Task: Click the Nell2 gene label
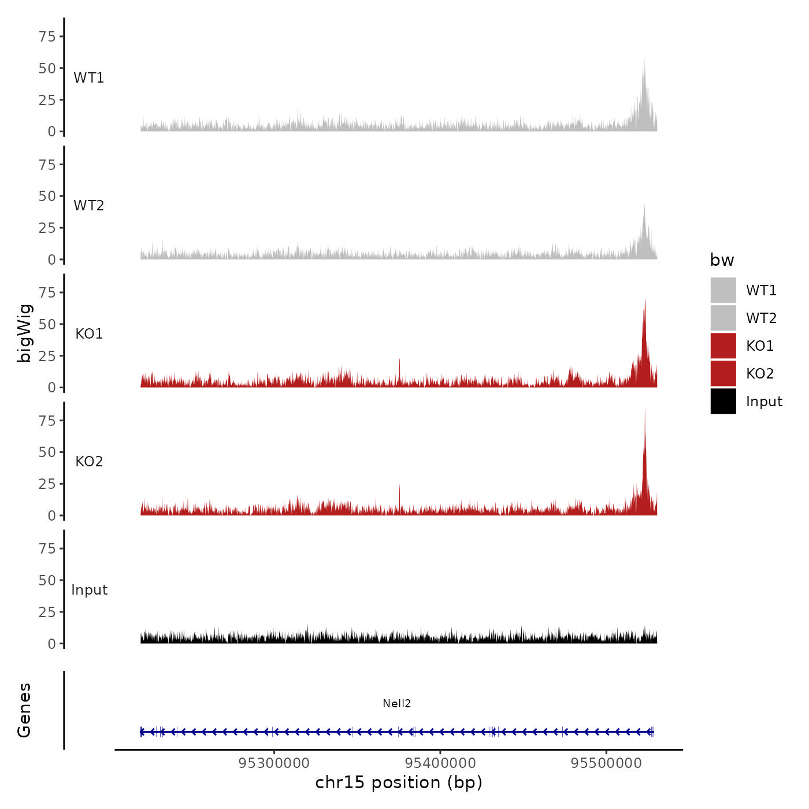tap(396, 704)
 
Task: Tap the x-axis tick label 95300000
tap(274, 763)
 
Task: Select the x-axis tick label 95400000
tap(440, 763)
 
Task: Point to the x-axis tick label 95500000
tap(606, 763)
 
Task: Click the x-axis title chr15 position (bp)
tap(399, 783)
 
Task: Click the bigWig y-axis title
tap(25, 333)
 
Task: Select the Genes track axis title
tap(24, 710)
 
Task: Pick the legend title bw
tap(722, 261)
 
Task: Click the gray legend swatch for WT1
tap(723, 290)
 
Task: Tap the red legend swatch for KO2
tap(723, 373)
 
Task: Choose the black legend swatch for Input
tap(723, 401)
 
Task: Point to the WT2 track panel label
tap(89, 206)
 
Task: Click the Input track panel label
tap(90, 590)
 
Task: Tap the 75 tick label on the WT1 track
tap(47, 37)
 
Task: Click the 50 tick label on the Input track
tap(47, 581)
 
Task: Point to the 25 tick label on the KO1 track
tap(47, 356)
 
